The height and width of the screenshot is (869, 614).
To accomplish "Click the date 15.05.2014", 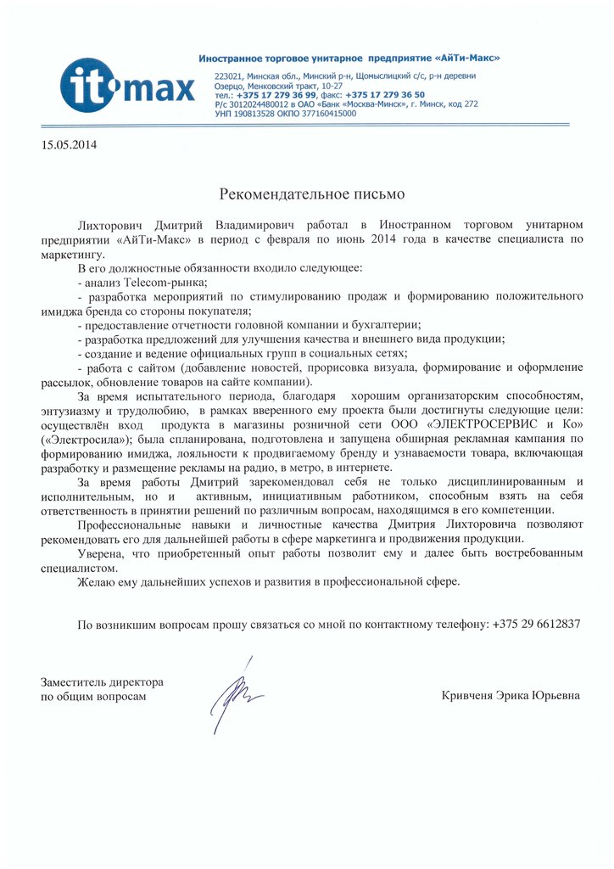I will tap(70, 144).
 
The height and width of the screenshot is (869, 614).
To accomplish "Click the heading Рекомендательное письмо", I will tap(307, 194).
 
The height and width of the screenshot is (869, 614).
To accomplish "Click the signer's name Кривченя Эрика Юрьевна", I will tap(511, 696).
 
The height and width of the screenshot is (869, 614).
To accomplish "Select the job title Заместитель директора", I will tap(102, 682).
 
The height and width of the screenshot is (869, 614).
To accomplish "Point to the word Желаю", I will tap(97, 582).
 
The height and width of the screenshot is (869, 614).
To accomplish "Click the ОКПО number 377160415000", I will tap(326, 113).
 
